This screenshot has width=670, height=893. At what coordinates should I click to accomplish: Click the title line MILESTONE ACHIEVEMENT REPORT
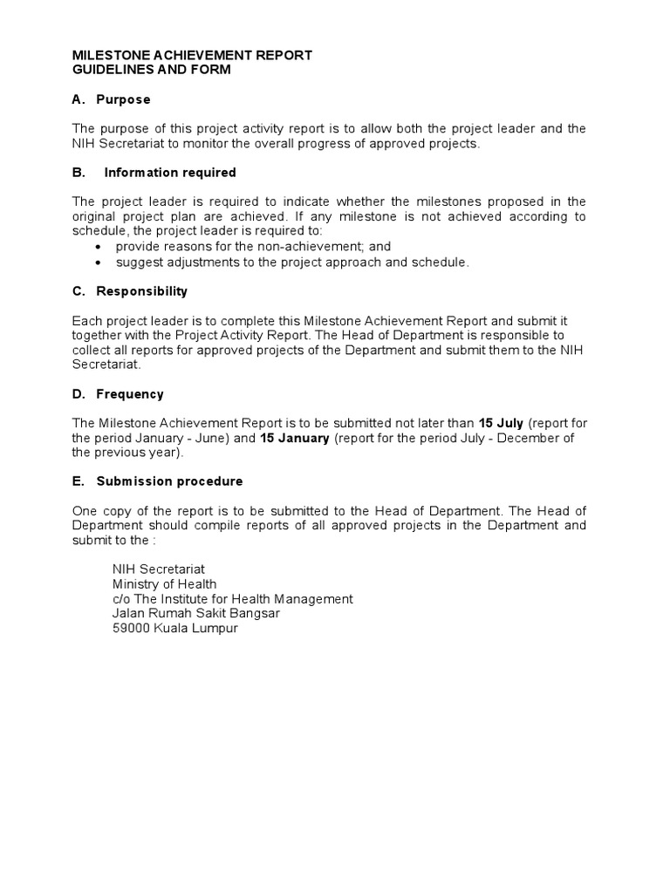[x=192, y=56]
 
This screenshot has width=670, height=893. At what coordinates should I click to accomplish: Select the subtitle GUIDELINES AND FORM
[x=151, y=70]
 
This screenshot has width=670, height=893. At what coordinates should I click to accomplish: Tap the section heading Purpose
[x=123, y=99]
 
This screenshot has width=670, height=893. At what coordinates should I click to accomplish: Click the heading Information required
[x=170, y=173]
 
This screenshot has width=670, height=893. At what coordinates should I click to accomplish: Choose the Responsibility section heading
[x=142, y=291]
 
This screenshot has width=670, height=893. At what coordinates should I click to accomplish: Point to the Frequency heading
[x=130, y=394]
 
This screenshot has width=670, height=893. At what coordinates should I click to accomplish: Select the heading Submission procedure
[x=170, y=481]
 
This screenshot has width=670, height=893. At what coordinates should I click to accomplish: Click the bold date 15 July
[x=502, y=424]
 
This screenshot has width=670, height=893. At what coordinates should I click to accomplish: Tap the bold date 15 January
[x=295, y=439]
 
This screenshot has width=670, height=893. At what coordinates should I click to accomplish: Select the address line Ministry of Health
[x=165, y=584]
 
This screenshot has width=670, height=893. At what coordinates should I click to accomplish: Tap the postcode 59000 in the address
[x=132, y=629]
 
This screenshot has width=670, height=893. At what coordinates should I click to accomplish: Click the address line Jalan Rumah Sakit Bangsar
[x=196, y=614]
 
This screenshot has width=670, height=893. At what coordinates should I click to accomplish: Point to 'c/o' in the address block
[x=121, y=599]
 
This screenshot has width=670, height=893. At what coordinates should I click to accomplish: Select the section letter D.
[x=78, y=394]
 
